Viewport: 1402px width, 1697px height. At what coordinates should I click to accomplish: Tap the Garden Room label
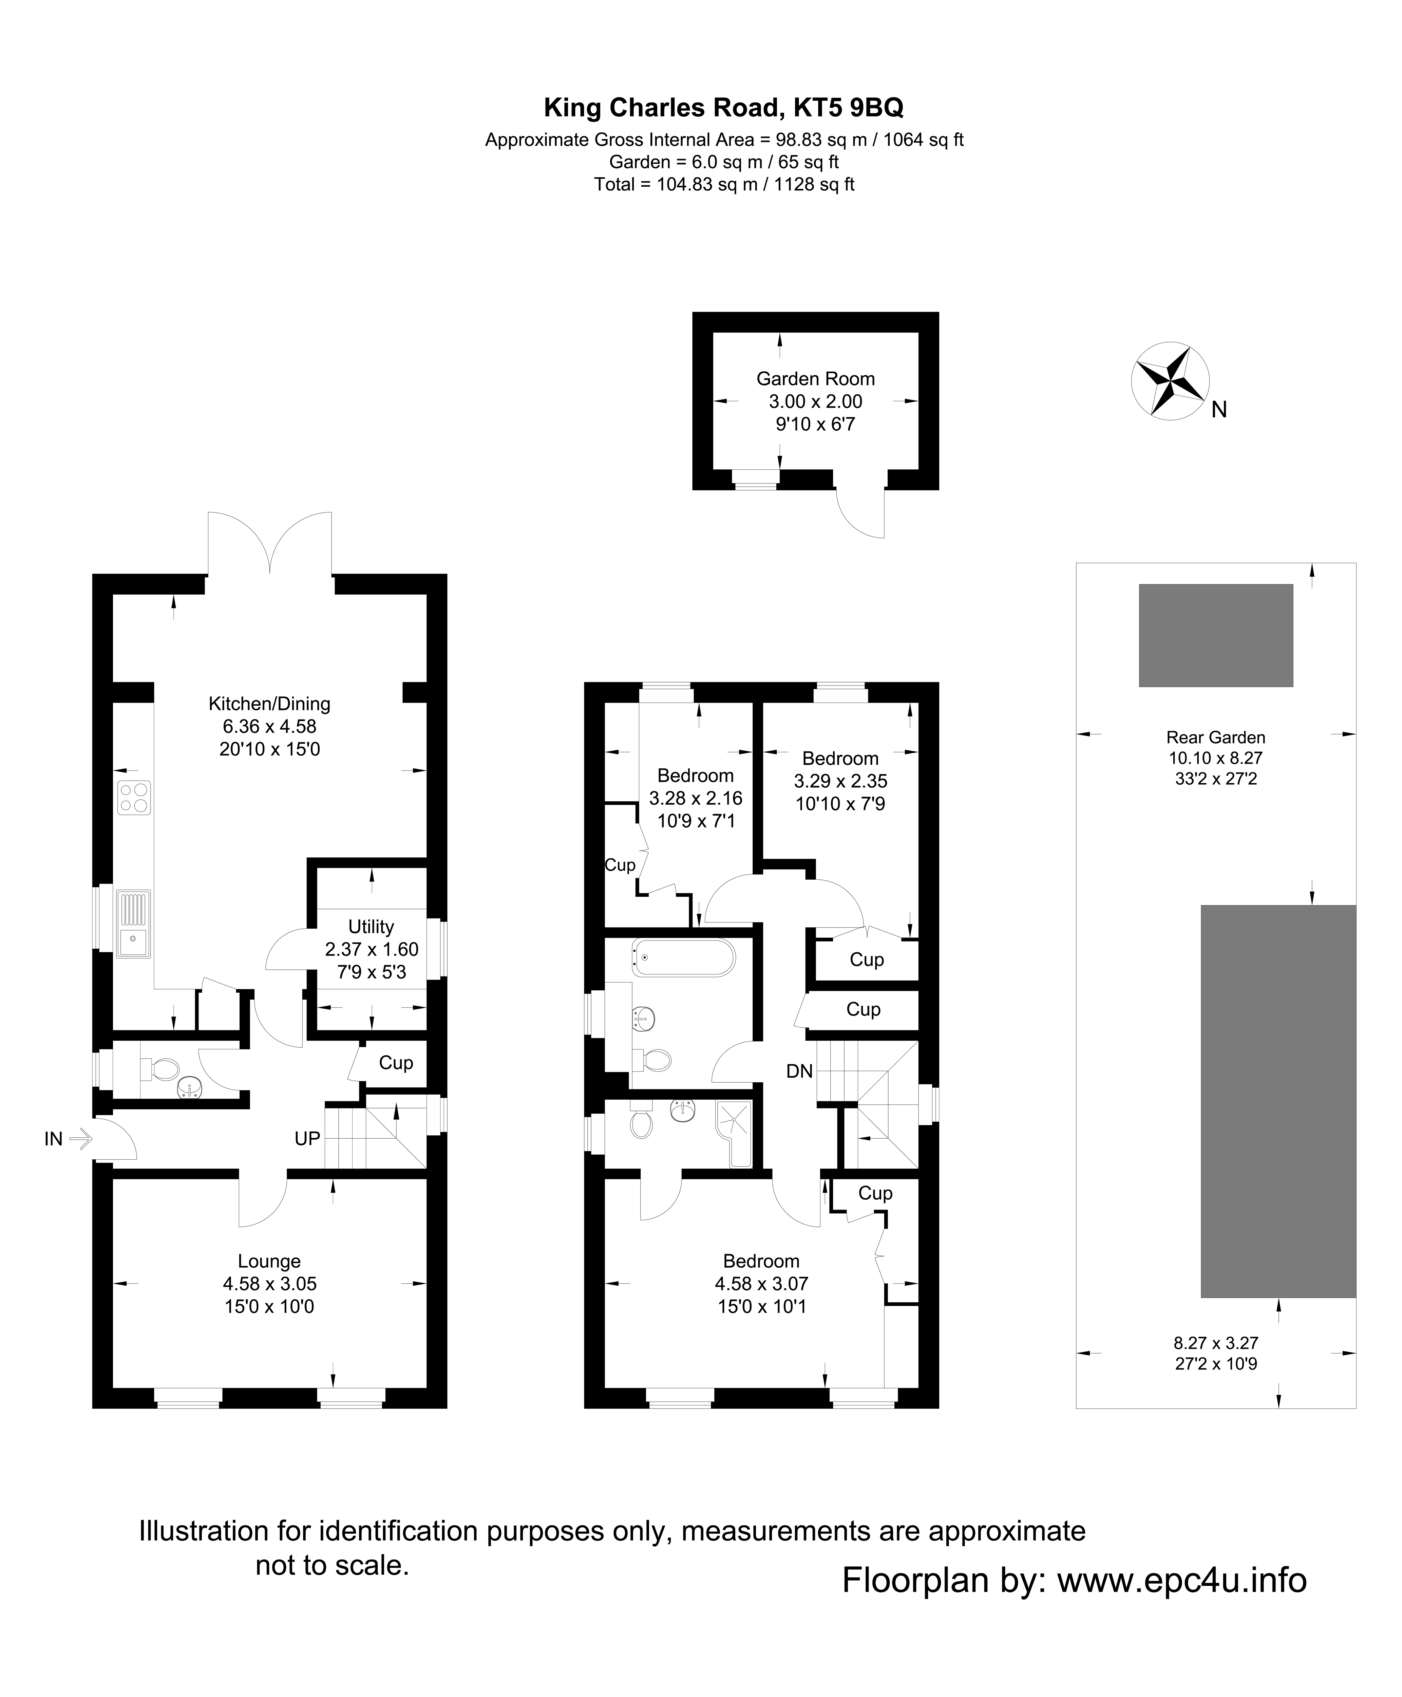click(x=815, y=379)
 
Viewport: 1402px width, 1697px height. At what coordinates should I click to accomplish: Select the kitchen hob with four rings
click(x=134, y=797)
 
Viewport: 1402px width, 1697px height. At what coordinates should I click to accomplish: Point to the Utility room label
click(x=371, y=927)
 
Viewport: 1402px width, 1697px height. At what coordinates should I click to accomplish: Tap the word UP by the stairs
click(x=307, y=1139)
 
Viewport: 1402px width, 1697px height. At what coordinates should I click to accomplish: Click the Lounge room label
click(x=269, y=1261)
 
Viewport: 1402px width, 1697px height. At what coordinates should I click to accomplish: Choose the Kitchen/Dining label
click(x=269, y=704)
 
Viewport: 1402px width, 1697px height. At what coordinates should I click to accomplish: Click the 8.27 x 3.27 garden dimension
click(x=1215, y=1343)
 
